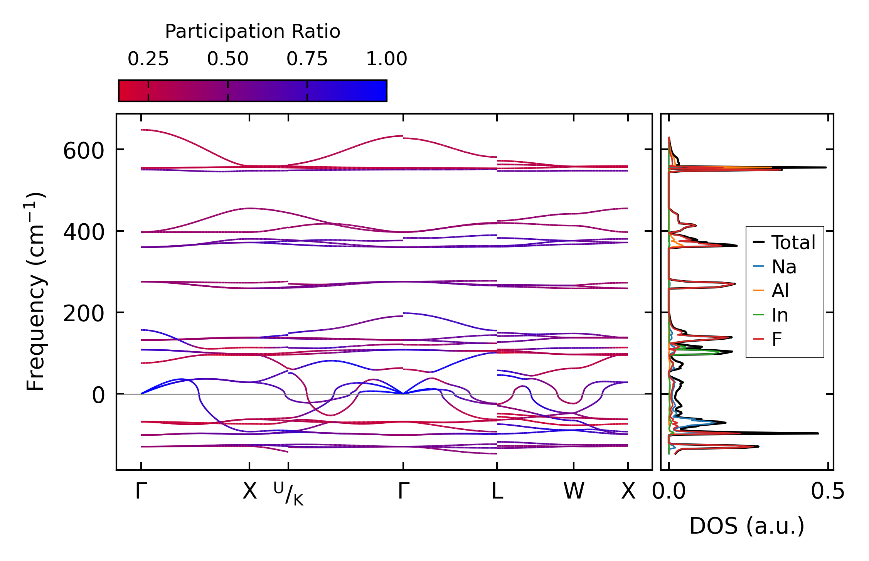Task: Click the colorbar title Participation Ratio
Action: pos(253,32)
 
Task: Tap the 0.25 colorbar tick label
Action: pos(148,59)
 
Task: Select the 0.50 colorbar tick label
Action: pos(227,59)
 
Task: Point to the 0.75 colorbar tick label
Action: pos(307,59)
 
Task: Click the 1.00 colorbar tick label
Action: pos(386,59)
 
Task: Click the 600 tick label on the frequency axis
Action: pos(84,151)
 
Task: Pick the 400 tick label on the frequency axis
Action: pos(84,232)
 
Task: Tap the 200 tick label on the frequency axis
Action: pos(84,314)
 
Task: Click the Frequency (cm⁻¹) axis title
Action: pos(35,292)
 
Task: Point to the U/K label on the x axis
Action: pos(288,494)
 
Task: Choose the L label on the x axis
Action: pos(497,492)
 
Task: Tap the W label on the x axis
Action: pos(574,492)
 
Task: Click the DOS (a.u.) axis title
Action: pos(747,526)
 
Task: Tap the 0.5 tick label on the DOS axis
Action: pos(828,492)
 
